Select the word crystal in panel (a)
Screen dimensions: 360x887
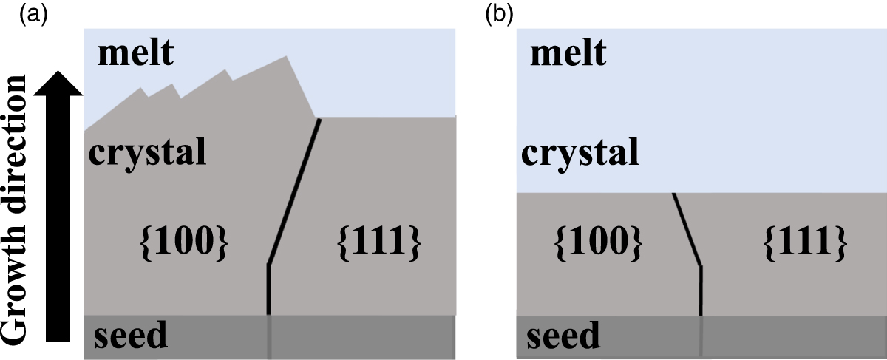tap(146, 153)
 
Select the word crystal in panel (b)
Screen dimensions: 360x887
tap(579, 154)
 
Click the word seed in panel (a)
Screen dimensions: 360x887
tap(130, 336)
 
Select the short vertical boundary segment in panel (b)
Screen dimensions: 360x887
tap(700, 290)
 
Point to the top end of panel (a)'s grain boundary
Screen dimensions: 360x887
tap(319, 120)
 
